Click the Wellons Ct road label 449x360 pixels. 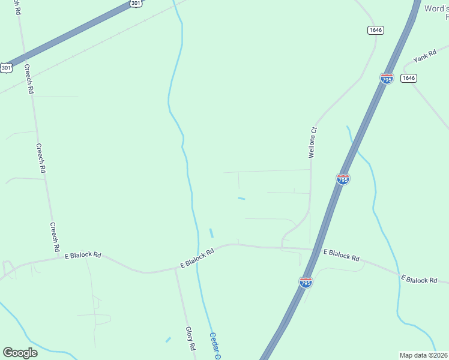312,142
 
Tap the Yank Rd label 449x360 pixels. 424,57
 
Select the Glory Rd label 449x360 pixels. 190,339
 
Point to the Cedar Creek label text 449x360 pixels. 214,346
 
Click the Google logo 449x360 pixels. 20,353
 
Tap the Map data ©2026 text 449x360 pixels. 424,355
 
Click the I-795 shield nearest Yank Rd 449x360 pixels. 387,79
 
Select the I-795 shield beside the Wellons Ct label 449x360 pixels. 342,179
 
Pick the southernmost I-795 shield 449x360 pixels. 306,282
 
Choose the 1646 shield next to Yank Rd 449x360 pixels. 409,78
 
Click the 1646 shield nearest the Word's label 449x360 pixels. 376,30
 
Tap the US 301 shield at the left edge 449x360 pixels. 6,68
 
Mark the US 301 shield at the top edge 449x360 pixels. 136,4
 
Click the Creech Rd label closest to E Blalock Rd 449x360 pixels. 55,237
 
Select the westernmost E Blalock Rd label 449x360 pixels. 83,256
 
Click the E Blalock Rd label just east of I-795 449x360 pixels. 341,255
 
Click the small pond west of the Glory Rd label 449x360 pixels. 168,340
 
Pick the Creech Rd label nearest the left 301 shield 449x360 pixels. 28,80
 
